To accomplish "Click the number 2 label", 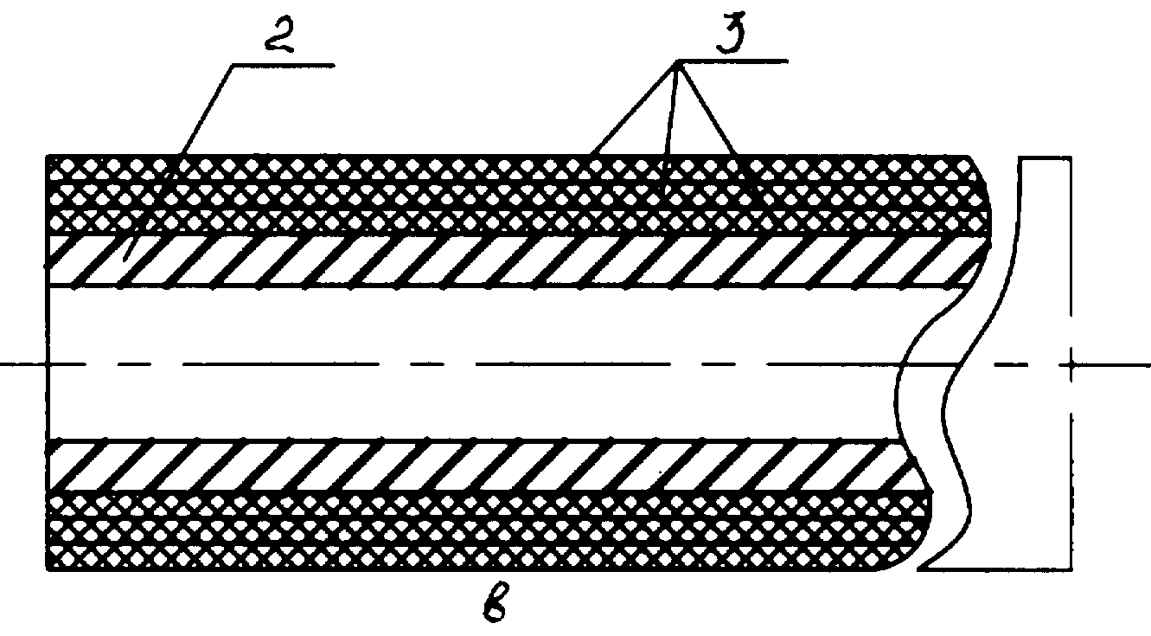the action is (x=280, y=35).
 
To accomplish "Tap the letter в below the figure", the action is (x=496, y=602).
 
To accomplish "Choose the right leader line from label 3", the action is (x=707, y=107).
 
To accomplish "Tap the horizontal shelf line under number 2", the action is (x=284, y=65).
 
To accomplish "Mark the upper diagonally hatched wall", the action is (x=514, y=260).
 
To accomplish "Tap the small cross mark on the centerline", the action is (x=1071, y=364).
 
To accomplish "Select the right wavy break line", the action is (x=976, y=363).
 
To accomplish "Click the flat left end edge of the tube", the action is (x=47, y=363).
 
